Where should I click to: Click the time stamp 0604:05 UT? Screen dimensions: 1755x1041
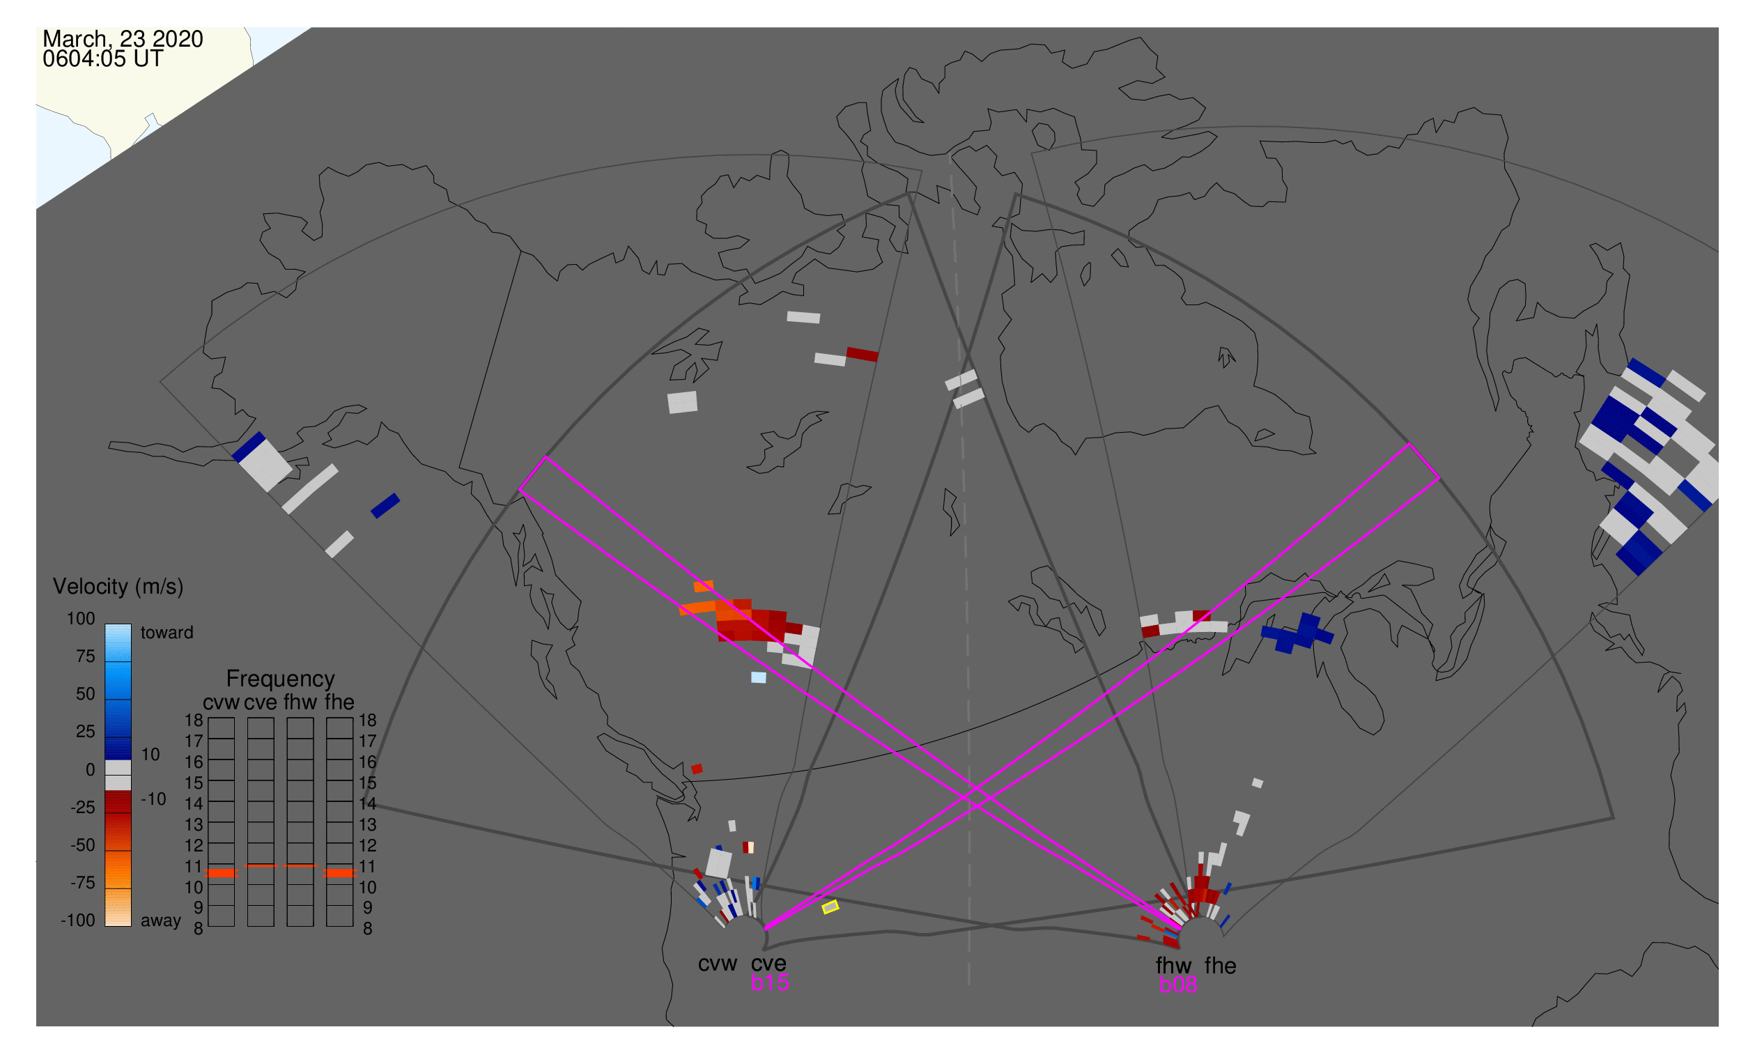point(102,59)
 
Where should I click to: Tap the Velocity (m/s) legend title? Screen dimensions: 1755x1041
point(118,587)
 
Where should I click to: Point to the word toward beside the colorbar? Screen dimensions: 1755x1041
point(167,633)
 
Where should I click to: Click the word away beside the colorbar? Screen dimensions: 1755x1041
point(161,921)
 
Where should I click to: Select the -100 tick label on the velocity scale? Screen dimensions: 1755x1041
point(78,921)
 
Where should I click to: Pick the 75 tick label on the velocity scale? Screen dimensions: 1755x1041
point(86,656)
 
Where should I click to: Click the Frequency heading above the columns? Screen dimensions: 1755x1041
point(281,680)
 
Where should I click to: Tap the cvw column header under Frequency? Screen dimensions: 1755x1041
point(221,703)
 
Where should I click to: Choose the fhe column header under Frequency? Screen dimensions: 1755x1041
point(339,703)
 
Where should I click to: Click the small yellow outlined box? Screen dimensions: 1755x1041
point(830,908)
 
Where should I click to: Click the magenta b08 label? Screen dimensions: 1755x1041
point(1178,985)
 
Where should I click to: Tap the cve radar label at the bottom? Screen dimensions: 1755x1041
point(768,964)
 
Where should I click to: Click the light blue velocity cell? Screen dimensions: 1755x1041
point(758,678)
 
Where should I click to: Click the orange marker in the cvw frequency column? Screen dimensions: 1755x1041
point(222,874)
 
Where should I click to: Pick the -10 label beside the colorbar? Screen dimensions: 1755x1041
point(153,800)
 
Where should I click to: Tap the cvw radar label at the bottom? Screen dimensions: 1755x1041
point(718,964)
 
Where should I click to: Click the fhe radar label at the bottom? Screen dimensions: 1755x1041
point(1221,966)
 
